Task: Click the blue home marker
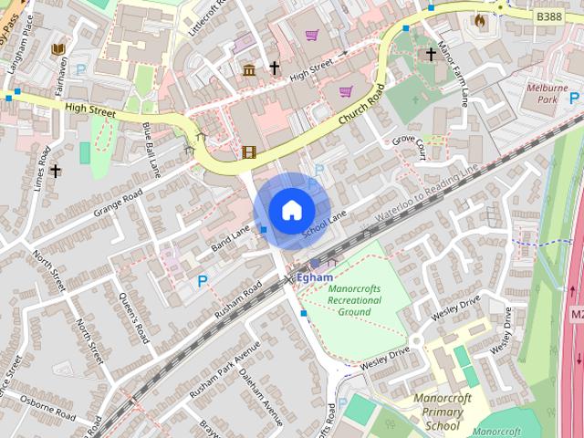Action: coord(291,211)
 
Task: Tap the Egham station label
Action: coord(315,276)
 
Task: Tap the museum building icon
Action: coord(248,70)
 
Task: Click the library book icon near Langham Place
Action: coord(59,48)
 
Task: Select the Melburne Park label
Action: coord(547,93)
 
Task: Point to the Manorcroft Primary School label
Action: coord(442,412)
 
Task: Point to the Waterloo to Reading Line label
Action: coord(426,193)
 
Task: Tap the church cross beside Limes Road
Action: coord(56,171)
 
